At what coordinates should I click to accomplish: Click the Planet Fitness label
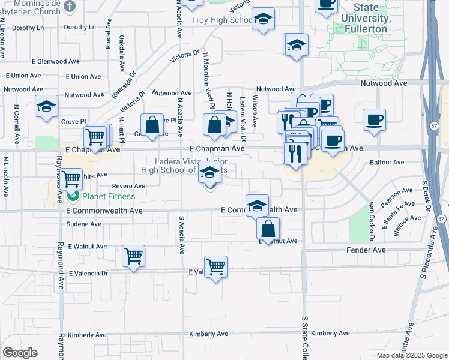109,196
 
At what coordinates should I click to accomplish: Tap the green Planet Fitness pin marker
73,196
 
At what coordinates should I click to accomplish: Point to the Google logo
20,353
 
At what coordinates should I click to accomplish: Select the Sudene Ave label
85,224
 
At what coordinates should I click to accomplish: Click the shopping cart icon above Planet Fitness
71,179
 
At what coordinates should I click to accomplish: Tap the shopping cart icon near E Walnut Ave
133,256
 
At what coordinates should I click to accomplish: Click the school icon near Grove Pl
46,107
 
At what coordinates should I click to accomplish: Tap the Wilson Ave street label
255,112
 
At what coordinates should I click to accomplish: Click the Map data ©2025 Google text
411,355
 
